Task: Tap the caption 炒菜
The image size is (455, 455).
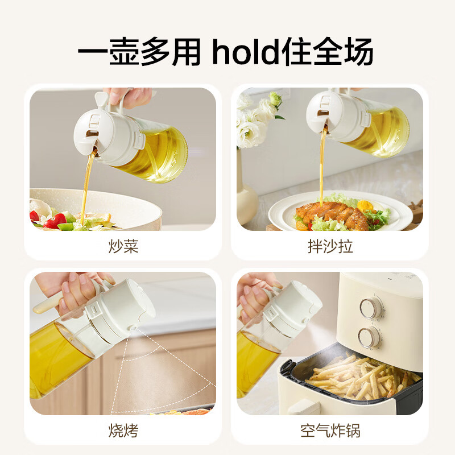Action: [123, 246]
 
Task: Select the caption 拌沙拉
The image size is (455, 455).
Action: [330, 246]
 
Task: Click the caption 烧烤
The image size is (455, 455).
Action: [123, 431]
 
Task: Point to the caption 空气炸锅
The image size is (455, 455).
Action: [330, 431]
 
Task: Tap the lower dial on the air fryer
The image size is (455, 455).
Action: [369, 337]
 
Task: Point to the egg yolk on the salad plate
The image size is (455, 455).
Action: [365, 206]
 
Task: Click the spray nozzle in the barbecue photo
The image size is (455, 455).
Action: [133, 328]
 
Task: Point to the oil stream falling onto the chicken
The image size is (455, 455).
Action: [322, 168]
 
